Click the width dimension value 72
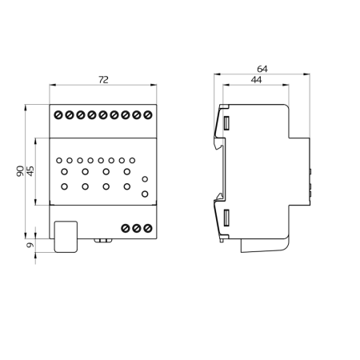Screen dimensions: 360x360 click(x=102, y=78)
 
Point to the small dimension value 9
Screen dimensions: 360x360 click(x=30, y=245)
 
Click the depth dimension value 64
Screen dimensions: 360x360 click(x=262, y=69)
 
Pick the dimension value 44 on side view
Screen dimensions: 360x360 click(x=256, y=80)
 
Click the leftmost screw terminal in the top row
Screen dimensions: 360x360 click(x=58, y=116)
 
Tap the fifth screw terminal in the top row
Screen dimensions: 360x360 click(x=103, y=116)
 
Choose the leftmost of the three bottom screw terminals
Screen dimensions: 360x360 click(x=126, y=229)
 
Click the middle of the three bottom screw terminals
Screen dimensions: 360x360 click(x=137, y=229)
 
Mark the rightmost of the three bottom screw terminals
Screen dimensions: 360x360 click(x=148, y=229)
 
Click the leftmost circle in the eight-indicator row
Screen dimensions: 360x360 click(x=59, y=160)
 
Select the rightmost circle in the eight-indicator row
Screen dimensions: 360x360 click(x=132, y=160)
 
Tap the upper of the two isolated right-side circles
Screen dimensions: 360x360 click(x=145, y=180)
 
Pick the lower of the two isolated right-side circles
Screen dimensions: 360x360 click(x=145, y=194)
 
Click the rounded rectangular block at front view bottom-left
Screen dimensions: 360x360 click(x=66, y=237)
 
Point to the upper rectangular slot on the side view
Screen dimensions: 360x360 click(x=227, y=124)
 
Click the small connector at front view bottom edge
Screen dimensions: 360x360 click(x=102, y=240)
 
